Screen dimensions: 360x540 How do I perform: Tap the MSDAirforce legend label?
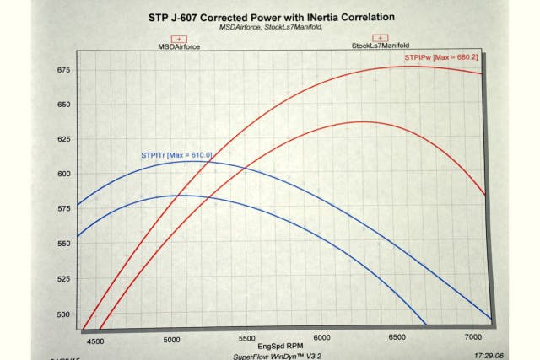click(x=178, y=47)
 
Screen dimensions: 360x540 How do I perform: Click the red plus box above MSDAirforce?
click(x=178, y=38)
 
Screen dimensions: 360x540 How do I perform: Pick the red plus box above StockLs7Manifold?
click(x=381, y=38)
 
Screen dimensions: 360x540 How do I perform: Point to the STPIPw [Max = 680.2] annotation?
click(x=440, y=58)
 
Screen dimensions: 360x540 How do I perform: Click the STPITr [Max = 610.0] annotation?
click(x=175, y=155)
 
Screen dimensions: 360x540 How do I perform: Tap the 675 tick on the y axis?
click(x=63, y=71)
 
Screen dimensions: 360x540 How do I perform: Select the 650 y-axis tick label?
click(x=63, y=105)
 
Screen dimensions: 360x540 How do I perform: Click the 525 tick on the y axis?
click(x=63, y=279)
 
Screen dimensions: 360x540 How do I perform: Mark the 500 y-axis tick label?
click(x=63, y=314)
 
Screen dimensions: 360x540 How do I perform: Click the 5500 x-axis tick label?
click(x=245, y=339)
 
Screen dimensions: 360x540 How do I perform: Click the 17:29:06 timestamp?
click(x=490, y=356)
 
